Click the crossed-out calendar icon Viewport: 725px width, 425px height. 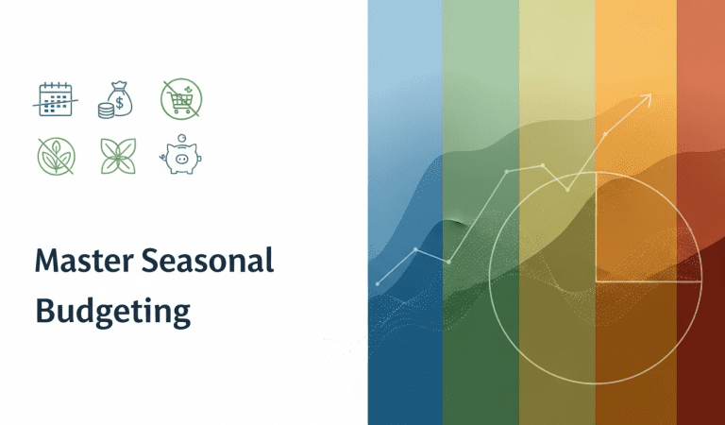click(x=56, y=97)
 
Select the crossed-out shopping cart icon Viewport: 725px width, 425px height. click(x=180, y=97)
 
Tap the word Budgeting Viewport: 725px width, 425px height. click(x=112, y=309)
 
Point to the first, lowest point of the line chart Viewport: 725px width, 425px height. click(x=378, y=283)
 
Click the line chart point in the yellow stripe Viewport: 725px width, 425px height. click(x=543, y=165)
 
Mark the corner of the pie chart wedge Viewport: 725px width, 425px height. click(x=597, y=281)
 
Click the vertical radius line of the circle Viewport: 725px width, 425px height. click(x=597, y=227)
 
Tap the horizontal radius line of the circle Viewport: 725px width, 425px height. click(x=649, y=281)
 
